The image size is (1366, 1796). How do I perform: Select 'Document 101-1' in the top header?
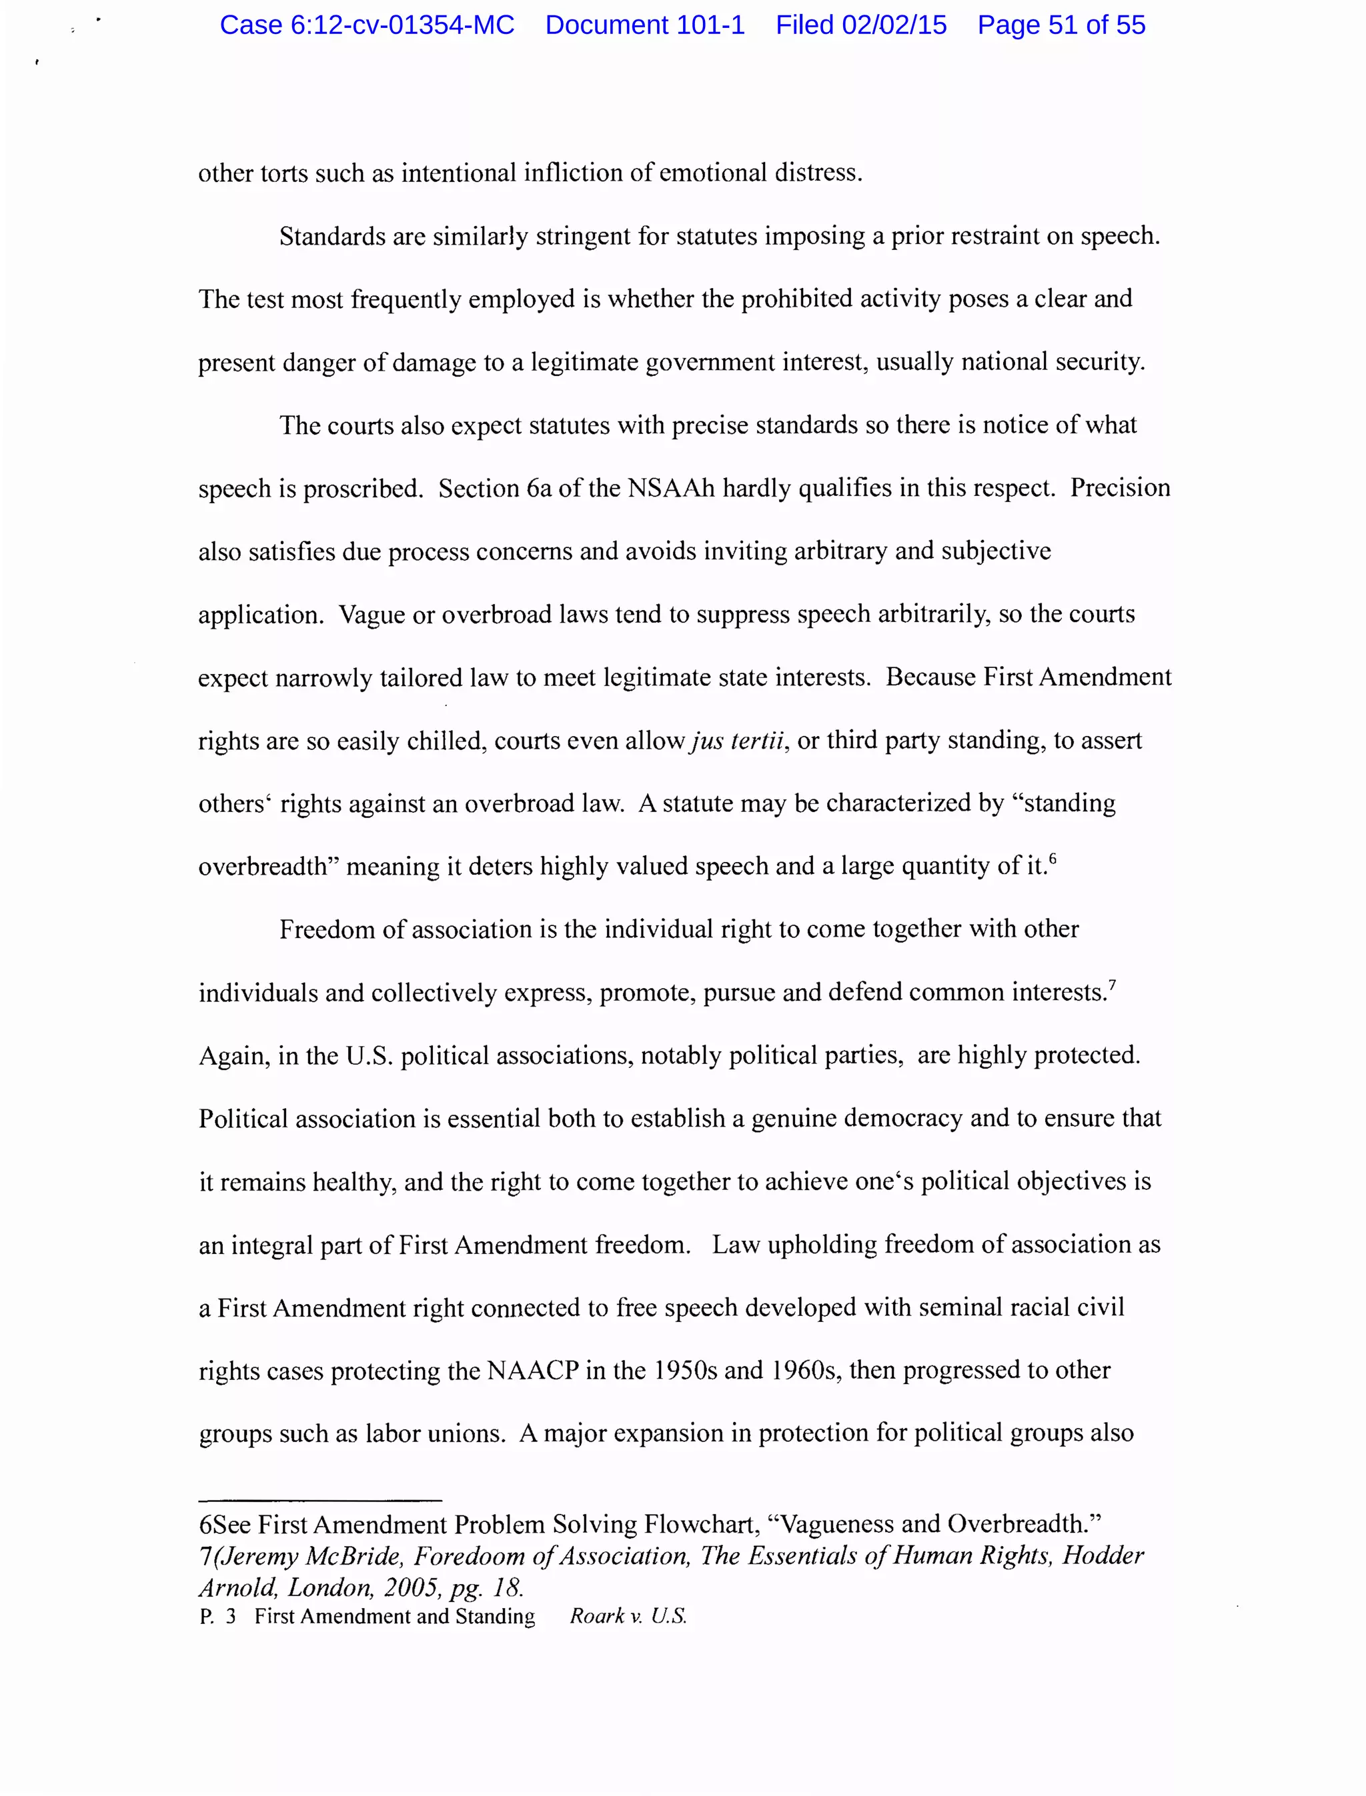645,25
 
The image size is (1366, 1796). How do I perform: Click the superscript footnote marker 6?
1053,858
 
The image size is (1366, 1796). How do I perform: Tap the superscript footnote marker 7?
1113,984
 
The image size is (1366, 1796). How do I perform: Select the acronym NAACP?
532,1370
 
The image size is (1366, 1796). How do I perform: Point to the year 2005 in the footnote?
412,1587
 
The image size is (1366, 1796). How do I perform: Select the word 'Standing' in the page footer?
495,1617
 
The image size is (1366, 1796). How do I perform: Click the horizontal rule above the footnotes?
319,1500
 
